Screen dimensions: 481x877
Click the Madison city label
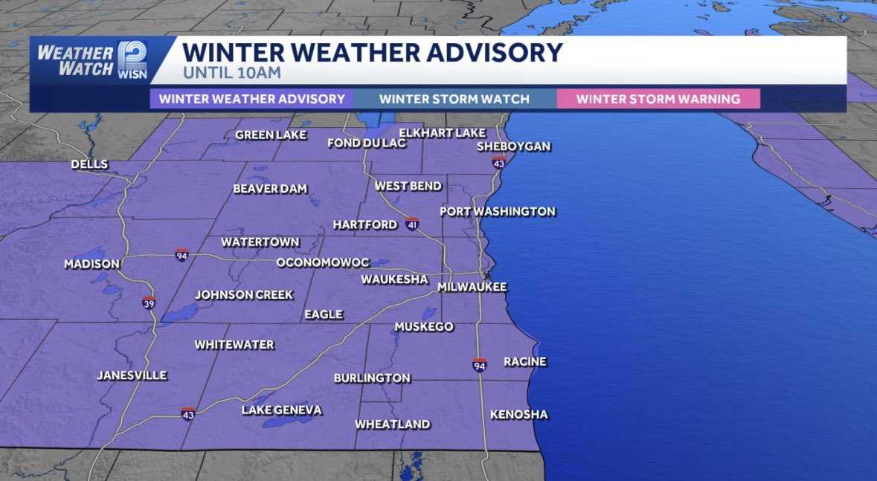coord(91,264)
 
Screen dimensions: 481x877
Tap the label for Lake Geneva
coord(282,410)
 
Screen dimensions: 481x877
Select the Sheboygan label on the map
coord(513,146)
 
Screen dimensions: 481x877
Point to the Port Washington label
coord(497,211)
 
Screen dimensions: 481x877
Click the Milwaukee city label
coord(472,287)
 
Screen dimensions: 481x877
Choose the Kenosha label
coord(518,414)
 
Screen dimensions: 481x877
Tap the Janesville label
coord(132,375)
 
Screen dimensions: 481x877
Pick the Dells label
coord(89,164)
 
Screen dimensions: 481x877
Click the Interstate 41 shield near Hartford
coord(412,224)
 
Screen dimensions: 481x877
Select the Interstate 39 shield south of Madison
coord(149,303)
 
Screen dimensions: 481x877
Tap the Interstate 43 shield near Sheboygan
coord(498,163)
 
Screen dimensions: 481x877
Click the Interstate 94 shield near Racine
coord(480,365)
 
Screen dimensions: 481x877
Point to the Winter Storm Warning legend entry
coord(658,99)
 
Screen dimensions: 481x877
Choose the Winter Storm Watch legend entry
coord(454,99)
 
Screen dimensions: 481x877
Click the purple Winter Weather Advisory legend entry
coord(252,99)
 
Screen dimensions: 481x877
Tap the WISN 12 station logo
coord(132,59)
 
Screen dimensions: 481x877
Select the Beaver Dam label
coord(270,189)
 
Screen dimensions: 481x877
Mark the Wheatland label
coord(392,424)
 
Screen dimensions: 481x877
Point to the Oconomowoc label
coord(323,262)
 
